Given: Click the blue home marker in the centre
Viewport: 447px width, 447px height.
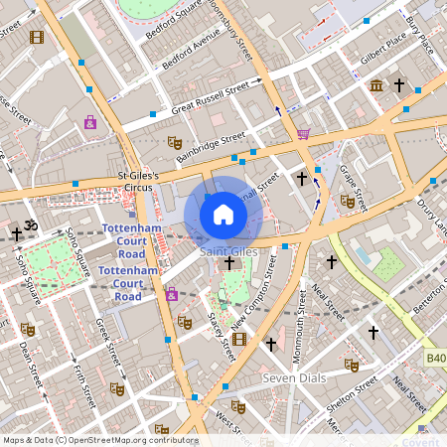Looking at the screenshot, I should coord(223,214).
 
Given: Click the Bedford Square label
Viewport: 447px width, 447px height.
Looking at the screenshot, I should coord(174,21).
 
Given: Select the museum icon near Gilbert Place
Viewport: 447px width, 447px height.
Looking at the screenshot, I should coord(376,86).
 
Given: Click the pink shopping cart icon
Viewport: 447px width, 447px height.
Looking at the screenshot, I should coord(303,132).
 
